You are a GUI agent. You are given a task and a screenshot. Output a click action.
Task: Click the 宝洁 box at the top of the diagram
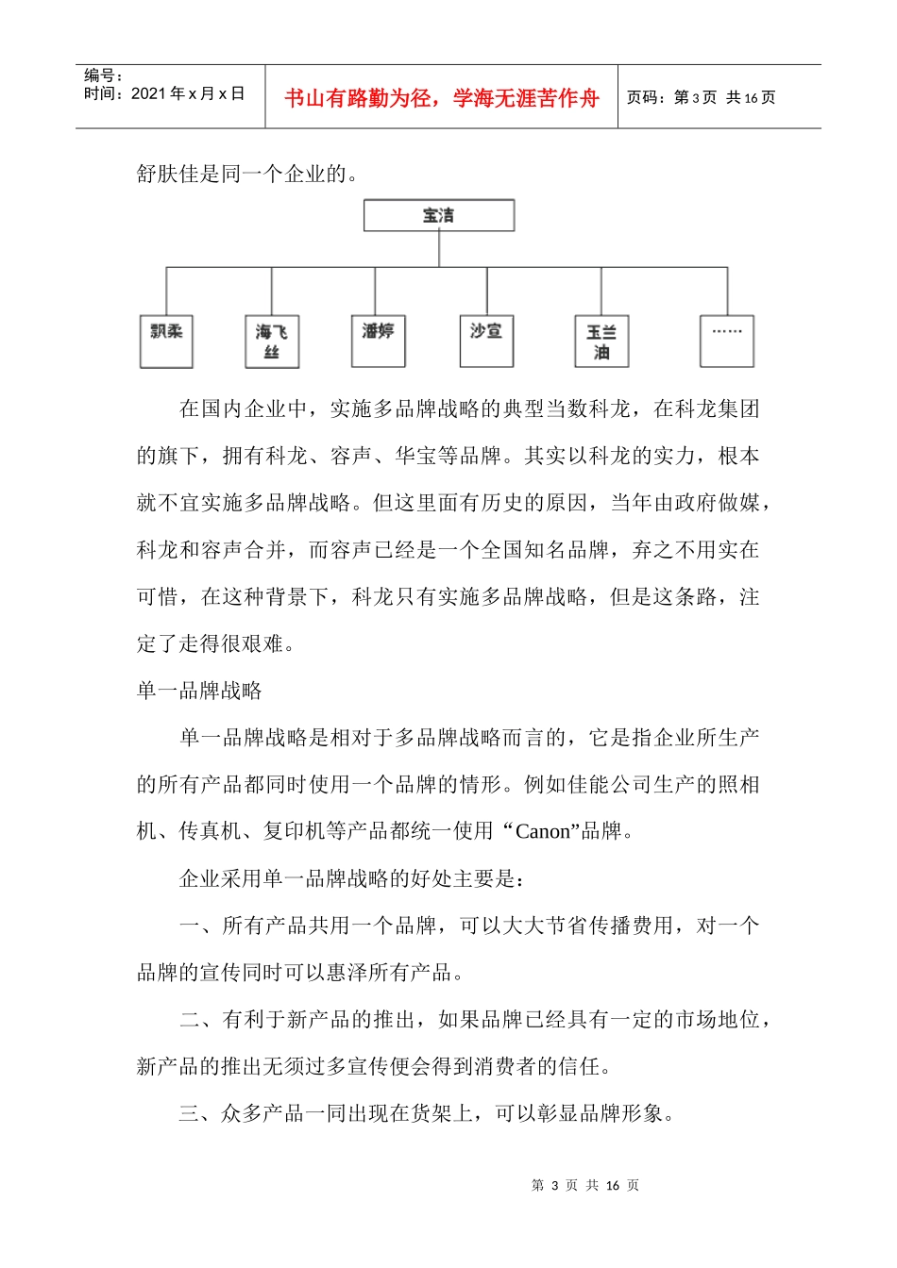[439, 215]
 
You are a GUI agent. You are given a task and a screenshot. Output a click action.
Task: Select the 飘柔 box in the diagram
[166, 341]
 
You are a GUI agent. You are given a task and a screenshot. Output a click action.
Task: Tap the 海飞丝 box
[272, 342]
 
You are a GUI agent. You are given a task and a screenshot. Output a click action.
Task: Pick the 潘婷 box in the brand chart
[378, 341]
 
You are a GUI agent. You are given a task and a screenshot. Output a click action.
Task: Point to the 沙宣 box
[486, 341]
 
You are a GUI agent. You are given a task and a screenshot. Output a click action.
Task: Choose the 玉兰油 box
[601, 342]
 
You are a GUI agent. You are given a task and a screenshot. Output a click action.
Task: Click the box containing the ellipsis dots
[727, 341]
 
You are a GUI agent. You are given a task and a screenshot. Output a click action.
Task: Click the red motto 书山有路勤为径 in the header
[441, 98]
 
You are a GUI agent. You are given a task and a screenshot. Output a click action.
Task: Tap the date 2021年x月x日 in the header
[164, 93]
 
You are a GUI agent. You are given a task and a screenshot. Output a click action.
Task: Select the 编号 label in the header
[103, 75]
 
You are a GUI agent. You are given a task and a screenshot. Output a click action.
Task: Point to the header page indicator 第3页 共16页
[702, 97]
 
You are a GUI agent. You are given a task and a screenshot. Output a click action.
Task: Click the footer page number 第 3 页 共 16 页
[585, 1185]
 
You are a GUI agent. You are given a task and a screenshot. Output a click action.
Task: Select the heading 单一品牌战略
[199, 691]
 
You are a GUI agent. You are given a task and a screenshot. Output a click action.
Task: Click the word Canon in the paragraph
[543, 831]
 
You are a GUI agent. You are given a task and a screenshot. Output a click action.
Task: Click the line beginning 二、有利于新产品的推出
[475, 1019]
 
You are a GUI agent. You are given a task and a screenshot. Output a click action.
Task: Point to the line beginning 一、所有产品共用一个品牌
[469, 926]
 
